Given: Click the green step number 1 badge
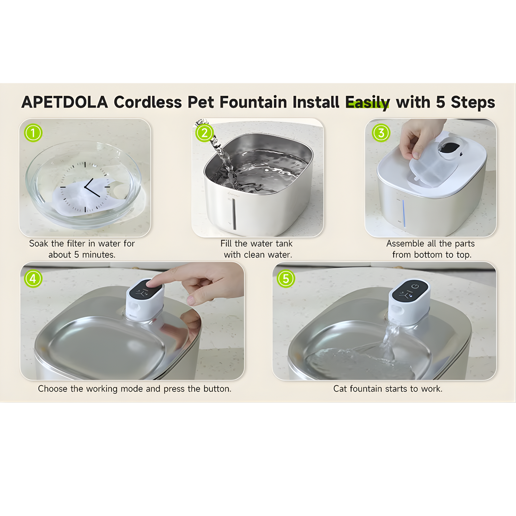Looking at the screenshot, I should click(33, 133).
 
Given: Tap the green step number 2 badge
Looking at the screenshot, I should click(204, 133).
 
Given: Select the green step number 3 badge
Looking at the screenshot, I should click(381, 133).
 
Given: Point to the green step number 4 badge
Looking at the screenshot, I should click(33, 279).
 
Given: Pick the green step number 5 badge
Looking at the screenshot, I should click(286, 279).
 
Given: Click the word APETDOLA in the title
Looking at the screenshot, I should click(65, 102).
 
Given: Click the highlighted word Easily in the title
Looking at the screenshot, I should click(367, 102).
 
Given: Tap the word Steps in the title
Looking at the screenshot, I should click(473, 102).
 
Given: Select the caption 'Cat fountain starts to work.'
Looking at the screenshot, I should click(388, 389).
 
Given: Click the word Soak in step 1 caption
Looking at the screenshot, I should click(39, 244).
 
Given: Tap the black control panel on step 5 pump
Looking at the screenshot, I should click(409, 291).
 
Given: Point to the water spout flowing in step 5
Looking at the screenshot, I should click(390, 339).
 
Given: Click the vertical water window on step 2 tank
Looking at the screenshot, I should click(234, 214).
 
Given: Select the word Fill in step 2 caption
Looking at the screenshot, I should click(226, 244).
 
